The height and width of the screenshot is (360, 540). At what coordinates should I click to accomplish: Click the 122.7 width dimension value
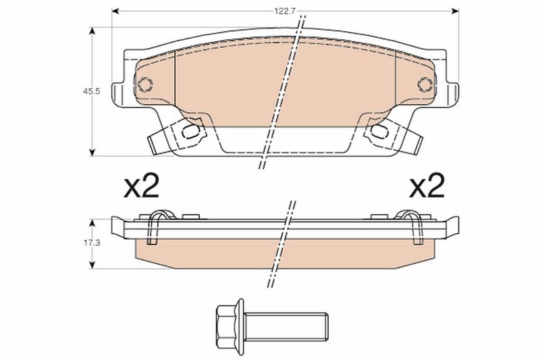(x=285, y=11)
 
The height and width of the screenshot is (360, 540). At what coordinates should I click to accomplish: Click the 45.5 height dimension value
(x=91, y=92)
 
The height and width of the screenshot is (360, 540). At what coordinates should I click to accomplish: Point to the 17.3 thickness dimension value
(x=91, y=243)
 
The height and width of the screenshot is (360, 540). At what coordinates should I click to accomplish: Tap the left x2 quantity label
(x=141, y=185)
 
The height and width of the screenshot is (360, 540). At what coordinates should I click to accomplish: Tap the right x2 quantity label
(x=427, y=185)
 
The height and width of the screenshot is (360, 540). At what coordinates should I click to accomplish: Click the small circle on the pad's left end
(x=145, y=84)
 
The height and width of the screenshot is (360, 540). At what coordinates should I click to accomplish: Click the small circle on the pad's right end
(x=425, y=84)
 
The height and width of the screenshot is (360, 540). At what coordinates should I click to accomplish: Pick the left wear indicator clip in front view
(x=178, y=135)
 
